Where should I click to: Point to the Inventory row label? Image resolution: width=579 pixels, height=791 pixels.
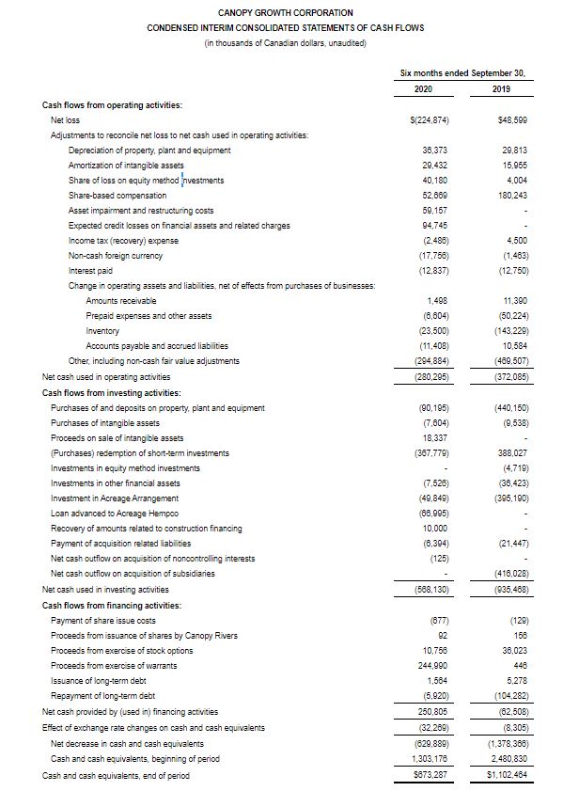tap(102, 331)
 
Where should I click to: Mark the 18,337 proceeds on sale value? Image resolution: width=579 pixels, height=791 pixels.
tap(427, 438)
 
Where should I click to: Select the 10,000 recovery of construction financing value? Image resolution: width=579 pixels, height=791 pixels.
tap(428, 529)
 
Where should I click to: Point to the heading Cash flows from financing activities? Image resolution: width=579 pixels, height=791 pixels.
tap(112, 605)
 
